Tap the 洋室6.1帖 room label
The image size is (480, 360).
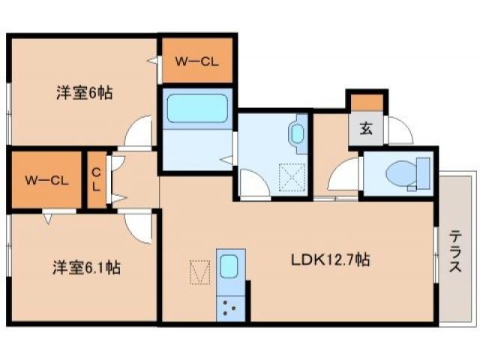click(x=85, y=266)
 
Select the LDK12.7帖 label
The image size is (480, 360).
click(x=330, y=260)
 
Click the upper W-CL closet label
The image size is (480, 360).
click(x=196, y=61)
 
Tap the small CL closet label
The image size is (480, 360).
click(x=96, y=180)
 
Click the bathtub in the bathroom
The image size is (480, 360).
click(x=196, y=108)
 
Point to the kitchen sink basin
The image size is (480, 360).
click(x=229, y=266)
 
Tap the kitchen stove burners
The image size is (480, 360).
click(x=229, y=305)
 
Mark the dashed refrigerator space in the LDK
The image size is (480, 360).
click(x=199, y=271)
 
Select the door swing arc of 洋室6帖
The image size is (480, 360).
click(x=140, y=133)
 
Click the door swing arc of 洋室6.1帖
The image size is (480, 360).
click(x=140, y=223)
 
